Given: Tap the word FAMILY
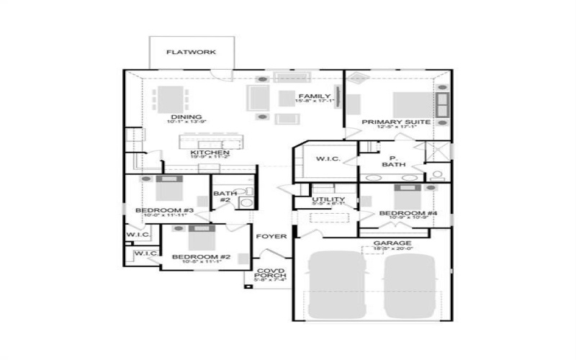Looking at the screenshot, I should pyautogui.click(x=314, y=96).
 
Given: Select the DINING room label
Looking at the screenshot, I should pyautogui.click(x=186, y=117).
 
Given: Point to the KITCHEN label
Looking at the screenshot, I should pyautogui.click(x=210, y=153).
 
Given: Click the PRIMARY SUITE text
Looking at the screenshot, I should pyautogui.click(x=396, y=122).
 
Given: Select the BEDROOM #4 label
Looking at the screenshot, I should pyautogui.click(x=403, y=214).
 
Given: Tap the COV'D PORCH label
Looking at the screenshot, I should pyautogui.click(x=271, y=274).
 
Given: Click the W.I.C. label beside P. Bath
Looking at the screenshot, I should pyautogui.click(x=318, y=158).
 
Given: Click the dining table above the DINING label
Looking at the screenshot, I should pyautogui.click(x=171, y=96).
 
